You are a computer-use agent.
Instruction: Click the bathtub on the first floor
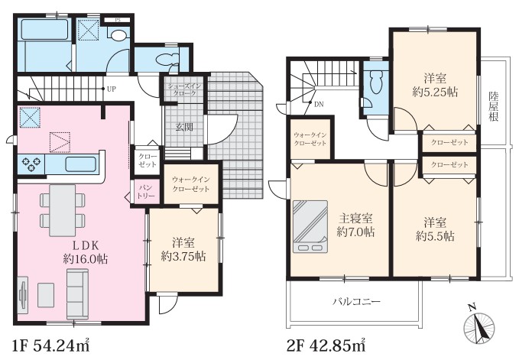point(45,30)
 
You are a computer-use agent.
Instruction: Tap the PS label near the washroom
point(118,20)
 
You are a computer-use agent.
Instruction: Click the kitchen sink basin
point(81,164)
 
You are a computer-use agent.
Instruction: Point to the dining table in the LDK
point(62,210)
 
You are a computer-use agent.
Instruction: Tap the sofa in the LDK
point(77,294)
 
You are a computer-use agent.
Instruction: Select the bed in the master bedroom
point(310,227)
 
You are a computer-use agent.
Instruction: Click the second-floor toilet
point(375,82)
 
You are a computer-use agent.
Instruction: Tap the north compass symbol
point(479,325)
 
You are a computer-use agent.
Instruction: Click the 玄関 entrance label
point(184,127)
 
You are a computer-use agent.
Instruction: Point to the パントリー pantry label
point(146,192)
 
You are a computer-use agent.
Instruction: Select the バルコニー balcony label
point(356,301)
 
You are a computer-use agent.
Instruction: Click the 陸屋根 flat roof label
point(494,106)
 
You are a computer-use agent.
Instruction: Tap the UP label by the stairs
point(112,89)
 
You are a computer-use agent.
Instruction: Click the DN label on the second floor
point(319,105)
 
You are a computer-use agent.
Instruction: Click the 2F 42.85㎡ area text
point(326,346)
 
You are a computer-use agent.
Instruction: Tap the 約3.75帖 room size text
point(183,257)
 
